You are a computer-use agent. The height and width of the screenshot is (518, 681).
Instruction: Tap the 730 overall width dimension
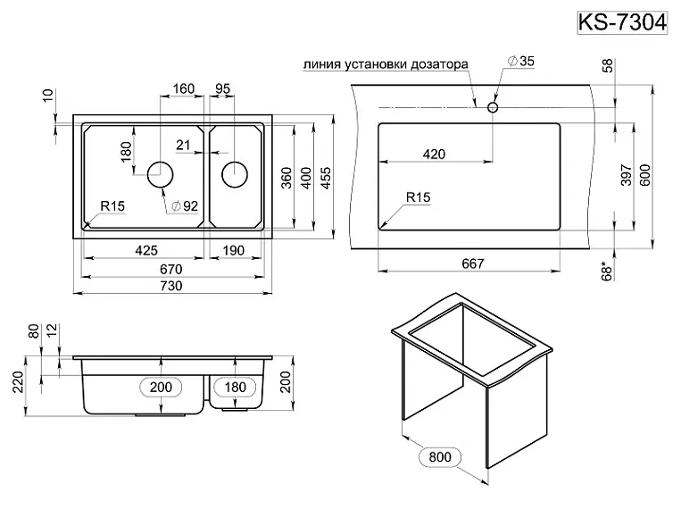(x=170, y=286)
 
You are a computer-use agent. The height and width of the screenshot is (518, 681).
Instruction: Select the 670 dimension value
(x=170, y=269)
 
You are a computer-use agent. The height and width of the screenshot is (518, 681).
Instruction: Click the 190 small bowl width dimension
(x=232, y=251)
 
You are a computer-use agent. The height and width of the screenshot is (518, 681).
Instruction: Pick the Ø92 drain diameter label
(x=183, y=206)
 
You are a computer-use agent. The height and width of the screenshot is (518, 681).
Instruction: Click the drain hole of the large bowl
(x=161, y=173)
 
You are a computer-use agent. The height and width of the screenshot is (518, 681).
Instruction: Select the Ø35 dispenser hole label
(x=520, y=61)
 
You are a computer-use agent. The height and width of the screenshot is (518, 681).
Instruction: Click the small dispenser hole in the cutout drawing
(x=492, y=106)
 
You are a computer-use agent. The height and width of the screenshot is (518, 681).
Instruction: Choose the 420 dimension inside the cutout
(x=434, y=155)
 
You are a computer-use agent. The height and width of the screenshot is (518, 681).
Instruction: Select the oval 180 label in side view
(x=235, y=386)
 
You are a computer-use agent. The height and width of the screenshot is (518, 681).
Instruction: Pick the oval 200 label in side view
(x=161, y=386)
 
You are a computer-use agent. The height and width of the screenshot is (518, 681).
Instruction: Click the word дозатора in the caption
(x=436, y=64)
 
